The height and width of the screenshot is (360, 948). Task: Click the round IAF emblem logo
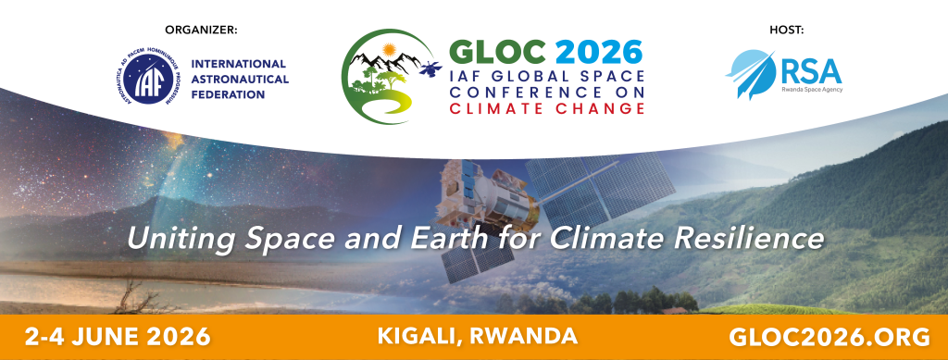145,79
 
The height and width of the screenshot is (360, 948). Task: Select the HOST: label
787,30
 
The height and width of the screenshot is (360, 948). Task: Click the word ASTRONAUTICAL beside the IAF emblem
240,80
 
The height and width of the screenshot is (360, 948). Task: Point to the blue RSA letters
811,72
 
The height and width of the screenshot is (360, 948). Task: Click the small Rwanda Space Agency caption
812,90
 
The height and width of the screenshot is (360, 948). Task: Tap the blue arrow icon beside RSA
750,74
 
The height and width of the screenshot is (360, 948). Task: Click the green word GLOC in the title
498,52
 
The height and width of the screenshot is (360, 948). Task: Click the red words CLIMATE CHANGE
546,108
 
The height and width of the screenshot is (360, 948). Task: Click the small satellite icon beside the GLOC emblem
430,68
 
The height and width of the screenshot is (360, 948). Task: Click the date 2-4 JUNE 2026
118,337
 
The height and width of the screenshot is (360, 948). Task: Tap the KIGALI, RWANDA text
477,336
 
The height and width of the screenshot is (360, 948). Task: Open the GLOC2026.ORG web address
829,337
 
